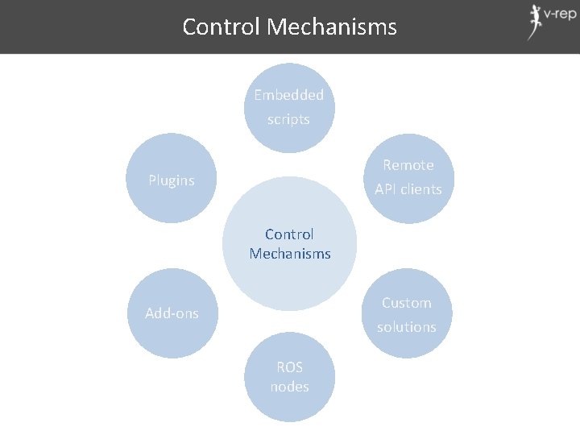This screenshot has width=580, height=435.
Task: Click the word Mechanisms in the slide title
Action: (332, 27)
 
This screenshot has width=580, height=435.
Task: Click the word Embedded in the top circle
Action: (289, 95)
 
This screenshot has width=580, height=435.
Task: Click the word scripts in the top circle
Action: (288, 119)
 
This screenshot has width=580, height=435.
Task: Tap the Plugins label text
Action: (172, 180)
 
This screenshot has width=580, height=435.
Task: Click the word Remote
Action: (408, 165)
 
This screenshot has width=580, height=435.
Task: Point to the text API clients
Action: (408, 189)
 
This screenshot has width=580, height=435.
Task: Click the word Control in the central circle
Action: (289, 234)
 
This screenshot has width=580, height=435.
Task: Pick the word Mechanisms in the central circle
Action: (290, 254)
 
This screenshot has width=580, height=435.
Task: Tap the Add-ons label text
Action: (172, 313)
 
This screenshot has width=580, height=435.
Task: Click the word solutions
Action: (407, 327)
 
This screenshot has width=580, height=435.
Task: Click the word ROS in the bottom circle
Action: (289, 367)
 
